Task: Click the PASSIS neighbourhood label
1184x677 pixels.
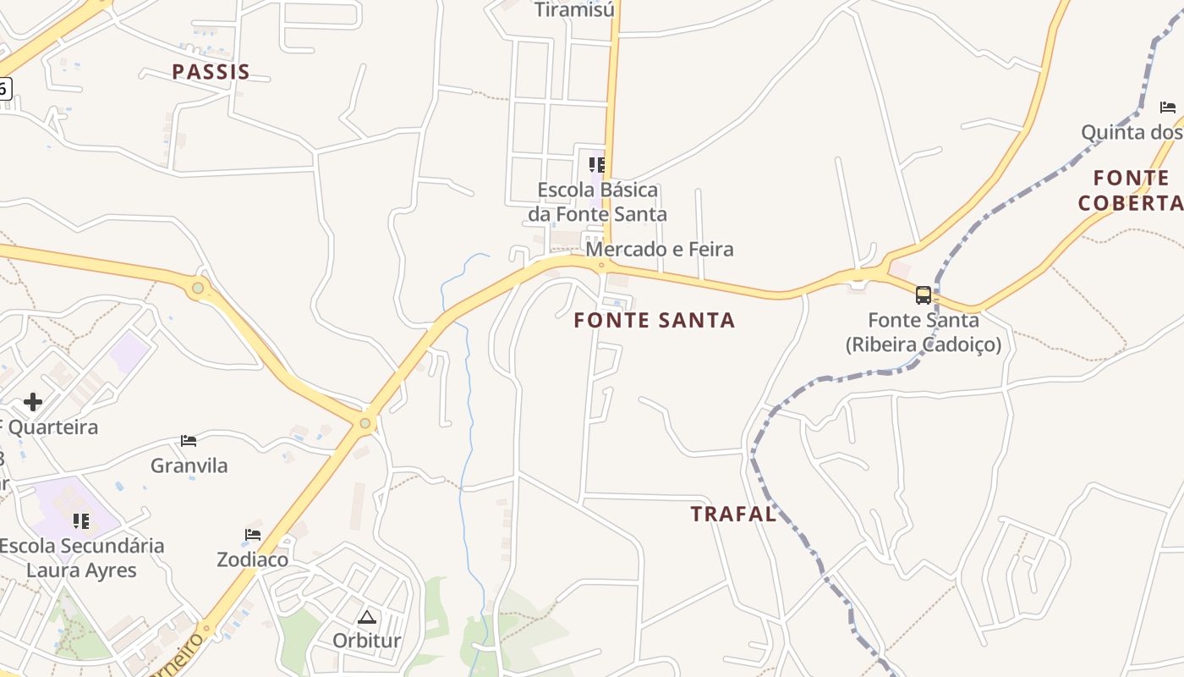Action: pos(211,72)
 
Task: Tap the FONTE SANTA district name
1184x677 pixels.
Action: pos(655,320)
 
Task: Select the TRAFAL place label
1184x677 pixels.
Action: pos(733,514)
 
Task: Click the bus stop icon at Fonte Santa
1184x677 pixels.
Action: pos(924,295)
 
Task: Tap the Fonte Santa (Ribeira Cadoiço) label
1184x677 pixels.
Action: pos(924,333)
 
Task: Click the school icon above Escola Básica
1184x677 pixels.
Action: pos(597,163)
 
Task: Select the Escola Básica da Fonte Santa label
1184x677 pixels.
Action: pos(598,202)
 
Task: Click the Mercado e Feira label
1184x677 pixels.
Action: pos(660,250)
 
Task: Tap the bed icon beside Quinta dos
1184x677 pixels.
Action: pos(1168,107)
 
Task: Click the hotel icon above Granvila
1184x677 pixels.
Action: pos(189,441)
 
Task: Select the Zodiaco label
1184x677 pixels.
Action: pos(252,559)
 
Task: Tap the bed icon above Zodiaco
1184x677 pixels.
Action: pos(253,535)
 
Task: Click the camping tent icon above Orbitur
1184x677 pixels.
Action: pos(366,617)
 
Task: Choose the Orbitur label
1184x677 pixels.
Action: pos(366,640)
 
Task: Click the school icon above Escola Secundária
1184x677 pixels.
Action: pos(81,520)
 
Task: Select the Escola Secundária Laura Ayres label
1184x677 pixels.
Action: pos(81,558)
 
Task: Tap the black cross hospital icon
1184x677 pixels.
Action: pos(33,401)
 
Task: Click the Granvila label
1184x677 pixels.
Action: pos(189,465)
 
